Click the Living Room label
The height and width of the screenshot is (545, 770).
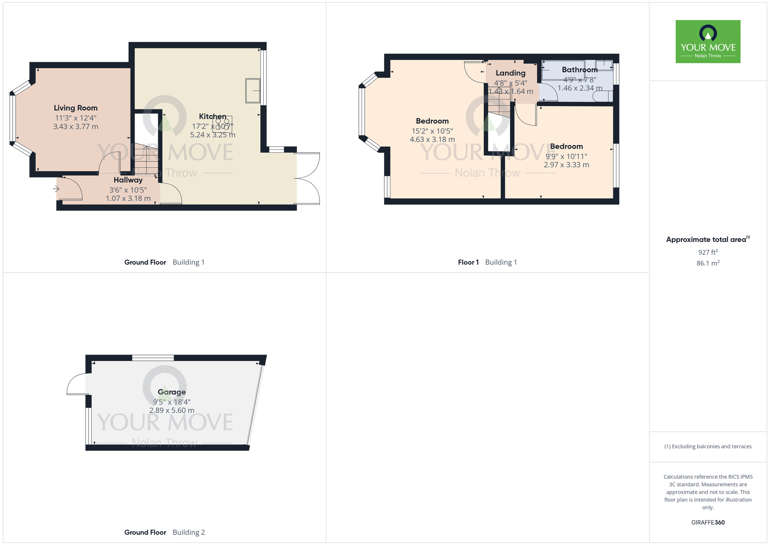pos(75,108)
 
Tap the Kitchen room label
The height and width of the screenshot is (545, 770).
pos(213,116)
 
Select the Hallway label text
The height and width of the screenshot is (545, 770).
pos(128,180)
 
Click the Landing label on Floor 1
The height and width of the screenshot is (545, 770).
pos(511,73)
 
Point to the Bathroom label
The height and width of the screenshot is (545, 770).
pos(579,70)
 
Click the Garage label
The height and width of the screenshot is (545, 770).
pos(172,392)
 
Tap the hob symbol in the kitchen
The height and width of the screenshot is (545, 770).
pos(222,124)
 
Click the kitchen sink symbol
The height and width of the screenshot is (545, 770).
pos(253,91)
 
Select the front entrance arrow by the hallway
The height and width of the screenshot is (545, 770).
pos(56,189)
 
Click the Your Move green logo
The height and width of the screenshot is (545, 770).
pos(708,42)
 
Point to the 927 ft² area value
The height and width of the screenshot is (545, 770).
pos(708,252)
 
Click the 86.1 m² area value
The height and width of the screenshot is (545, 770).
pos(708,263)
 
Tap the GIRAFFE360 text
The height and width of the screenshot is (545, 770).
pos(708,523)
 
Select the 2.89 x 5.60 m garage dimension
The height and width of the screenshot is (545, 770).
pos(172,410)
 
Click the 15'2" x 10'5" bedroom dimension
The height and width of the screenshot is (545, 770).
pos(432,131)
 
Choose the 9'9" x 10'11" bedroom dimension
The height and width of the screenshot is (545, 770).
pos(566,156)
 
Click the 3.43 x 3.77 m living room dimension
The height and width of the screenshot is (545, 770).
pos(75,126)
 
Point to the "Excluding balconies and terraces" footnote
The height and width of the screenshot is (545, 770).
pos(708,447)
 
